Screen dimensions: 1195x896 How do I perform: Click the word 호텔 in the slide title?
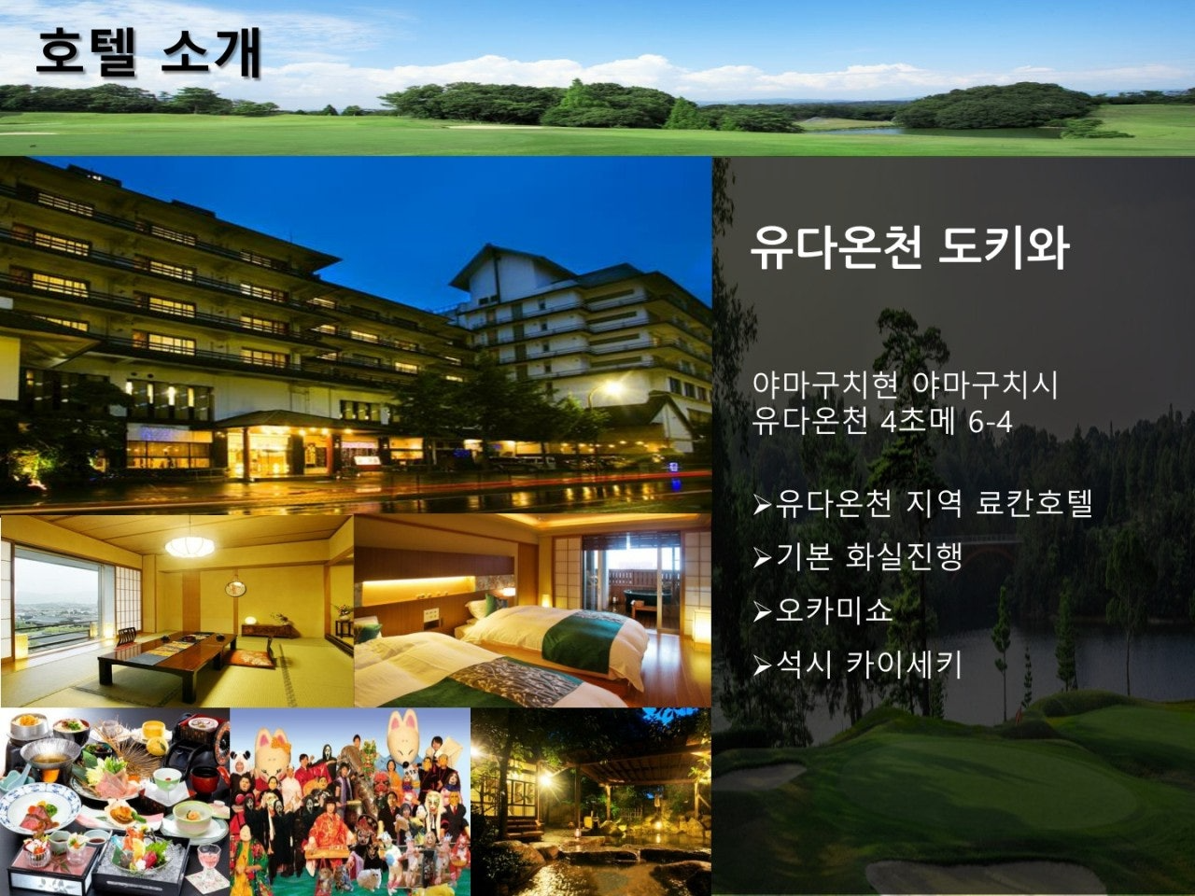coord(86,53)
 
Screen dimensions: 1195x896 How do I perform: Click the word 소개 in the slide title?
coord(211,53)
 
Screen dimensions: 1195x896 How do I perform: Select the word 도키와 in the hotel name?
coord(1004,247)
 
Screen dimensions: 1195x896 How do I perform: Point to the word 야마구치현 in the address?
coord(825,385)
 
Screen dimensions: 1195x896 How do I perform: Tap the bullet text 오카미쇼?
coord(834,610)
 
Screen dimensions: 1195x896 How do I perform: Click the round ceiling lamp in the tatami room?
coord(190,546)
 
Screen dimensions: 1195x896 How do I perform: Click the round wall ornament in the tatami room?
coord(236,588)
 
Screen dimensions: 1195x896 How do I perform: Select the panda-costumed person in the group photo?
coord(241,774)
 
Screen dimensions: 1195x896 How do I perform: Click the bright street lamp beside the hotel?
coord(612,388)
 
